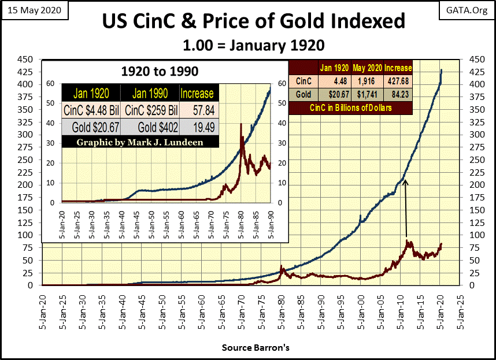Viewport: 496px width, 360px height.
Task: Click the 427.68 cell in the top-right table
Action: pyautogui.click(x=398, y=81)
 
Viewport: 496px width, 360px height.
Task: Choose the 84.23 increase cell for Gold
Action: pyautogui.click(x=398, y=94)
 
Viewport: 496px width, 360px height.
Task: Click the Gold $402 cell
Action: pyautogui.click(x=149, y=126)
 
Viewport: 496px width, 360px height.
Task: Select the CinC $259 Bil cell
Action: pyautogui.click(x=149, y=110)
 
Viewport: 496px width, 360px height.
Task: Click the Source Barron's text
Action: pyautogui.click(x=248, y=348)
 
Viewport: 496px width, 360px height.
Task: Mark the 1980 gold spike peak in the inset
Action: pyautogui.click(x=241, y=124)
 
